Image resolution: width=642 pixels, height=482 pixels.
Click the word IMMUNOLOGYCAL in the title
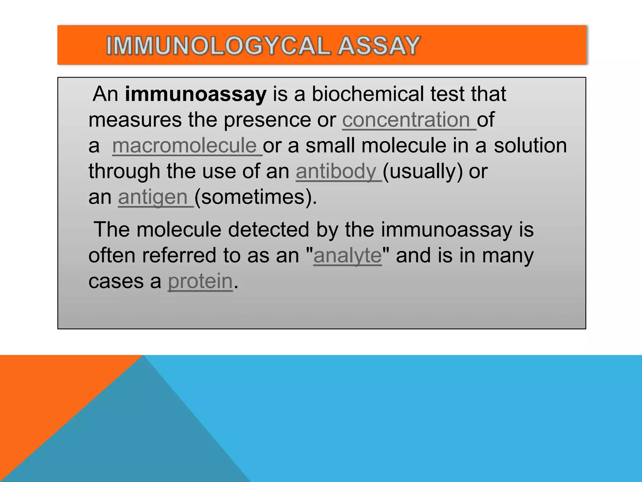[218, 46]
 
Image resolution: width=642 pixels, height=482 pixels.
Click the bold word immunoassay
[196, 94]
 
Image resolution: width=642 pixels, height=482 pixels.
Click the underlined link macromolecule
[185, 146]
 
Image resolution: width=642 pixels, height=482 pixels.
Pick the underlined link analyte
[347, 255]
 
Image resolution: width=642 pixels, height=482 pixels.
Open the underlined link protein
[200, 281]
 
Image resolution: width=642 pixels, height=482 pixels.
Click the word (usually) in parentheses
[423, 171]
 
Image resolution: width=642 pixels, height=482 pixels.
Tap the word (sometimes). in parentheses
[255, 197]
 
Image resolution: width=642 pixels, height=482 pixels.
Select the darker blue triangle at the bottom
[135, 439]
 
